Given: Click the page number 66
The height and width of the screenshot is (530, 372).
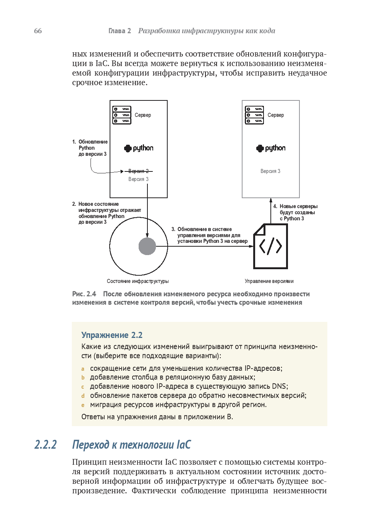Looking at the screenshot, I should [38, 31].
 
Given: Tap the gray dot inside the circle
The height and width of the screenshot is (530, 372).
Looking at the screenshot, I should [147, 246].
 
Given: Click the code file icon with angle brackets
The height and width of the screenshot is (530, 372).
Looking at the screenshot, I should [270, 246].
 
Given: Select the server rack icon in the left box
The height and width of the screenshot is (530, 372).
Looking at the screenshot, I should [122, 115].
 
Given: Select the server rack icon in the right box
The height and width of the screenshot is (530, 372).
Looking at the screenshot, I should [254, 115].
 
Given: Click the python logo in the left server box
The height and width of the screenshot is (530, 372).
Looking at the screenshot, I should [139, 148].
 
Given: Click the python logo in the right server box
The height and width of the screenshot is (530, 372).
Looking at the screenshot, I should [271, 148].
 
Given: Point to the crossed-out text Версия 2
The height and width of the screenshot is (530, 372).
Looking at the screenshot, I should [138, 171].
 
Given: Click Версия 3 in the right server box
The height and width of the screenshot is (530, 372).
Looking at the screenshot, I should [270, 171].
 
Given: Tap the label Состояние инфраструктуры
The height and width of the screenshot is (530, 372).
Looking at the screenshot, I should [138, 281].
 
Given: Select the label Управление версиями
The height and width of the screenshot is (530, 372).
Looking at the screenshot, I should [269, 281].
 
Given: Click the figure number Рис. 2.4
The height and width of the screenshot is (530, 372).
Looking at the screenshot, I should [84, 294].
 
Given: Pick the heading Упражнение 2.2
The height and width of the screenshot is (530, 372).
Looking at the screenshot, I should [112, 335].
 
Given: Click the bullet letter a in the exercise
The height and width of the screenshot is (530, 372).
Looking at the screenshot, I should [82, 369].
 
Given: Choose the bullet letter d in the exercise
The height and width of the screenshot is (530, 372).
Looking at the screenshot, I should [82, 396].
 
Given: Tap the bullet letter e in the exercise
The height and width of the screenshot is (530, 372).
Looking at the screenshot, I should [82, 405].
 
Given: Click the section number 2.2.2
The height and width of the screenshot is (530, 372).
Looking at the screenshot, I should [45, 445].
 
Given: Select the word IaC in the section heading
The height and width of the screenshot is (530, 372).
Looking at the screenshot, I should [183, 445].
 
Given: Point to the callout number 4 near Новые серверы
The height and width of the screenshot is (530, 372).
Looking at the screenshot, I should [275, 206].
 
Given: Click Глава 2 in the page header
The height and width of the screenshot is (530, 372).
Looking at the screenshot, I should [120, 31].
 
